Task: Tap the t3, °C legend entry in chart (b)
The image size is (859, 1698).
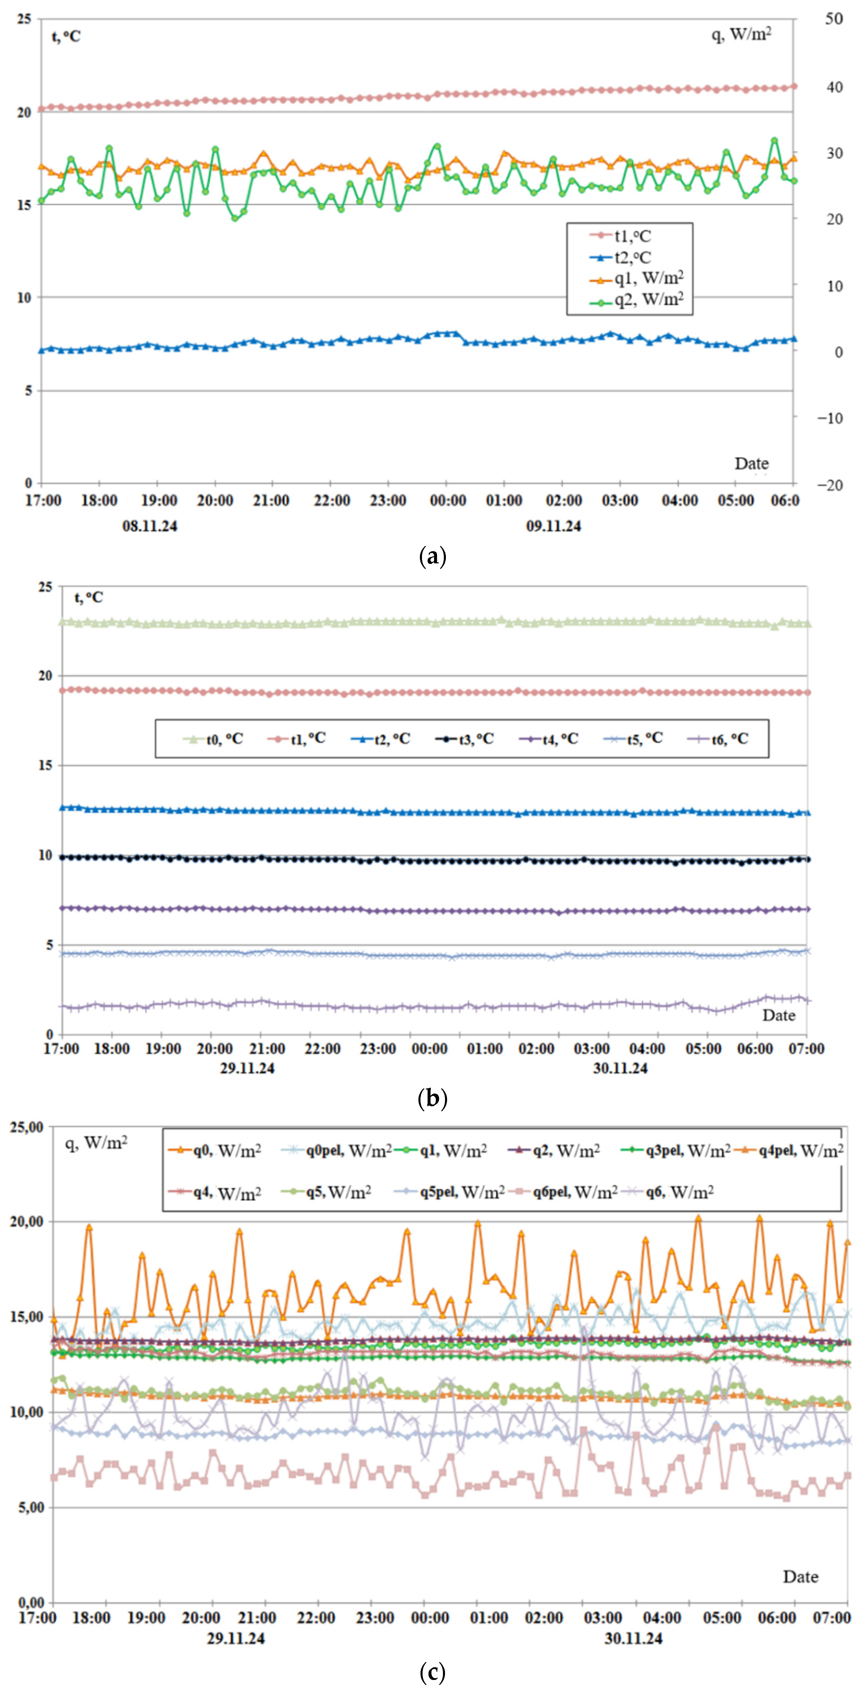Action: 464,739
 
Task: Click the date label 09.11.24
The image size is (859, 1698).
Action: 553,526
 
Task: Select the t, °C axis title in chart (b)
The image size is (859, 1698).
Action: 88,597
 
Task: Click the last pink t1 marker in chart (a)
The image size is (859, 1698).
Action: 794,86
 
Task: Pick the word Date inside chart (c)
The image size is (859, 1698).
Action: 800,1577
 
